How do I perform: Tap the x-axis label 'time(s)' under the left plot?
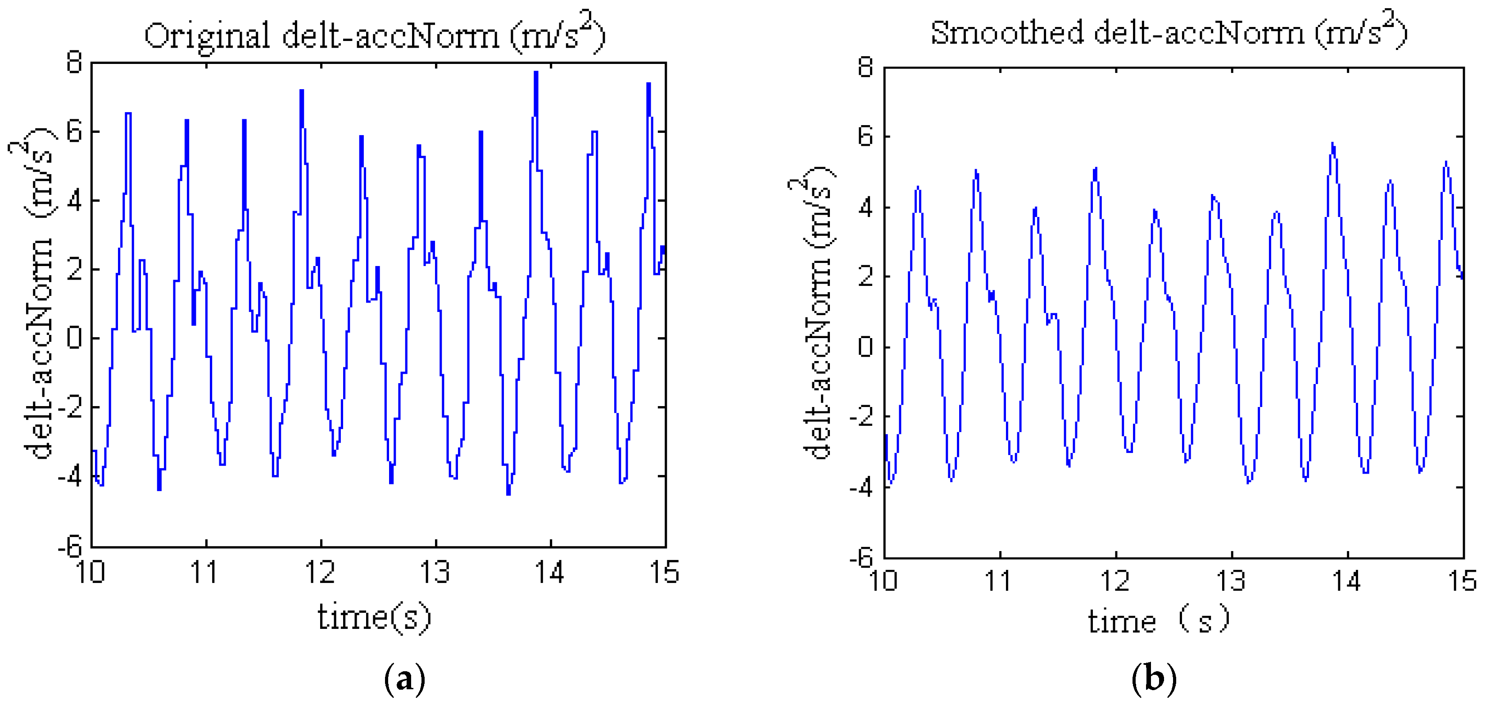(x=374, y=617)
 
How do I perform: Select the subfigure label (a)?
(x=404, y=678)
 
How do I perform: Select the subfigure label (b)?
(x=1154, y=678)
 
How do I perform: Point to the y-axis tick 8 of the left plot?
(x=74, y=62)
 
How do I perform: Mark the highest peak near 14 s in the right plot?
(x=1332, y=144)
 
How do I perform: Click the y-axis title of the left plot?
(x=36, y=294)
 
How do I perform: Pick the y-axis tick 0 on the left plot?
(x=74, y=338)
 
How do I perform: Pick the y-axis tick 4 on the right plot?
(x=865, y=208)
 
